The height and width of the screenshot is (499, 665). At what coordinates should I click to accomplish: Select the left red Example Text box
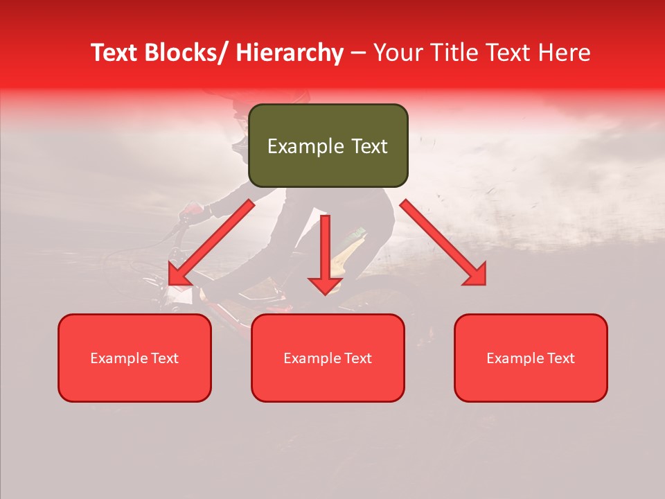tap(134, 358)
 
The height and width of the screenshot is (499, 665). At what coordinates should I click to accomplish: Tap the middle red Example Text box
tap(328, 358)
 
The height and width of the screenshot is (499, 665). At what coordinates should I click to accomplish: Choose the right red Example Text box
tap(531, 358)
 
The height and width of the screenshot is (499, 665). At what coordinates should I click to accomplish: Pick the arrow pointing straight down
tap(325, 254)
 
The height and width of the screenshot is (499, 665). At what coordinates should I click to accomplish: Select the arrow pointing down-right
tap(443, 243)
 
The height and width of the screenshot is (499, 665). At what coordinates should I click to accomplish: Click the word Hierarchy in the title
tap(290, 53)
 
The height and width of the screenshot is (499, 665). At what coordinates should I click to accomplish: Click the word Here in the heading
tap(565, 53)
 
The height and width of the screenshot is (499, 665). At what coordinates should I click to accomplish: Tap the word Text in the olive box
tap(369, 146)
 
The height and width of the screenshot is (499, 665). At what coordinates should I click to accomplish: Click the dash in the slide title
tap(358, 54)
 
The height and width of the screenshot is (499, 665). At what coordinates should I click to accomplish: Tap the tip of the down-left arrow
tap(170, 283)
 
